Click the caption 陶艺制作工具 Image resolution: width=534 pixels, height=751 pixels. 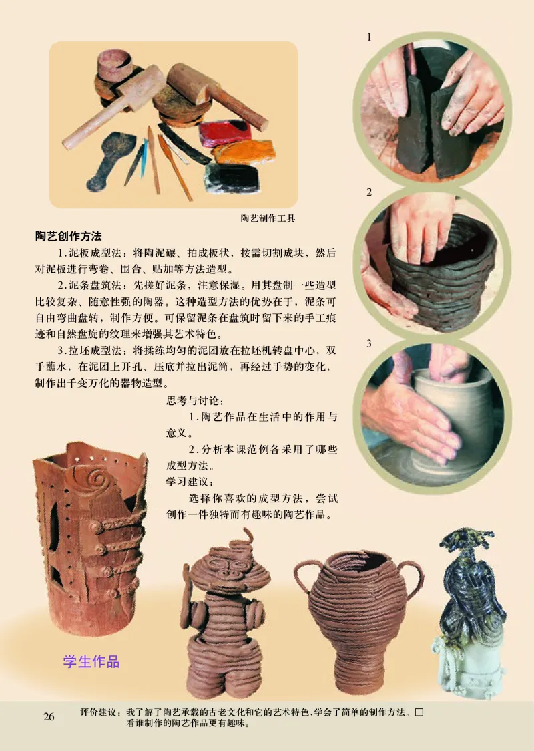(268, 218)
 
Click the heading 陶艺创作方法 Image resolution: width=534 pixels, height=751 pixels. (68, 237)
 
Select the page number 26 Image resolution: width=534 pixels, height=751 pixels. (49, 716)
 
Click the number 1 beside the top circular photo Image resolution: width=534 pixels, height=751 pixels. (368, 38)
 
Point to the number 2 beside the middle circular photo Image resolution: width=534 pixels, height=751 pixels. (368, 192)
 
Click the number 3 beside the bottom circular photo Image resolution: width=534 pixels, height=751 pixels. (368, 343)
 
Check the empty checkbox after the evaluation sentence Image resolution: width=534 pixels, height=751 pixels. (419, 712)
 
